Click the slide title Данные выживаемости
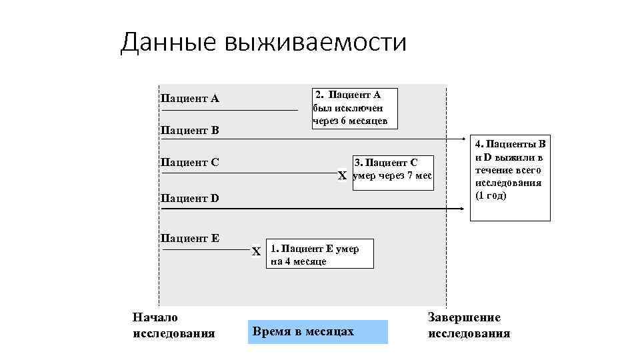pos(263,43)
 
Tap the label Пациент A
pos(190,99)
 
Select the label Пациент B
pos(190,129)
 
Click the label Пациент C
pos(190,161)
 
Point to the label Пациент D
pos(190,198)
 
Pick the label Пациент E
pos(190,238)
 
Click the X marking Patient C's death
pos(343,176)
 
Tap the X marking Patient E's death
pos(256,251)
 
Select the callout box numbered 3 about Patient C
pos(393,172)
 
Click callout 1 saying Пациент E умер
pos(319,254)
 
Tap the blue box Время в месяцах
pos(317,331)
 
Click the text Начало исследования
pos(174,325)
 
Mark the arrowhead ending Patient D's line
pos(461,209)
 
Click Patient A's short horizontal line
pos(229,109)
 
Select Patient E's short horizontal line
pos(205,250)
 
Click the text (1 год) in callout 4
pos(491,195)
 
